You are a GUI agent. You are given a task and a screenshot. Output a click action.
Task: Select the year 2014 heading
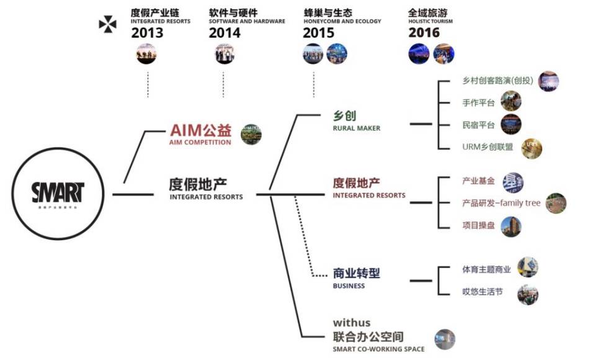[x=225, y=33]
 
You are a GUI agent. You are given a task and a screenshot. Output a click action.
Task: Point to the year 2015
[x=318, y=33]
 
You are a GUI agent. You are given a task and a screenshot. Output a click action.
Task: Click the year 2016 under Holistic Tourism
[x=424, y=33]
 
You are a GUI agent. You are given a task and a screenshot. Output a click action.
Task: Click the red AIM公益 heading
[x=200, y=131]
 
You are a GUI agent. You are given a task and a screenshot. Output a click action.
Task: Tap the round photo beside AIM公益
[x=251, y=134]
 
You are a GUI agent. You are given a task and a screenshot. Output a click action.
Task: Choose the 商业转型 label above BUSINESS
[x=356, y=273]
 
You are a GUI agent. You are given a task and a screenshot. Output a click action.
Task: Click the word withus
[x=351, y=323]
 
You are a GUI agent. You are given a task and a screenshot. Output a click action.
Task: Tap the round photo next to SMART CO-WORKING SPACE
[x=444, y=339]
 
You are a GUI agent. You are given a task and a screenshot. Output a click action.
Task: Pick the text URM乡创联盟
[x=488, y=147]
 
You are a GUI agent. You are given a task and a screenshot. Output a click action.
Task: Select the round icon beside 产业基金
[x=512, y=182]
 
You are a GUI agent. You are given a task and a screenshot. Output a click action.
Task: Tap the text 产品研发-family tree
[x=501, y=203]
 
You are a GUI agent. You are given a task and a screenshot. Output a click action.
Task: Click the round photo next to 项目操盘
[x=511, y=226]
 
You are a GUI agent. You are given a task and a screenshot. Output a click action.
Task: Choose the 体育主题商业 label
[x=486, y=269]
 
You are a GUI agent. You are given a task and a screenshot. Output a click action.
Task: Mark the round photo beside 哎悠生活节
[x=527, y=294]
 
